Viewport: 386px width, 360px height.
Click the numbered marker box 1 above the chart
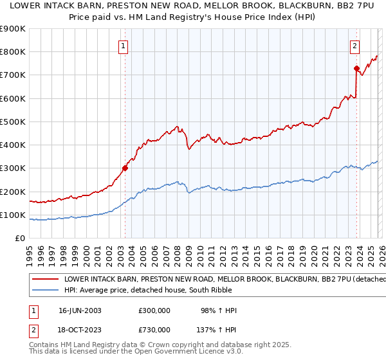coord(123,46)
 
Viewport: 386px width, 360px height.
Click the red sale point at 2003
coord(125,168)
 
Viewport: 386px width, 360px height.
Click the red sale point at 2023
coord(356,68)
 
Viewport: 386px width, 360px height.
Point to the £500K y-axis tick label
coord(13,122)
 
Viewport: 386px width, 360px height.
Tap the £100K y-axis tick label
coord(13,215)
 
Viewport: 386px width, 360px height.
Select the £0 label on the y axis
coord(21,238)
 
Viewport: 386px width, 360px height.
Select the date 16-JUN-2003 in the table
coord(80,310)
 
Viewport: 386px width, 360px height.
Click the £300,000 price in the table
coord(154,310)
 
